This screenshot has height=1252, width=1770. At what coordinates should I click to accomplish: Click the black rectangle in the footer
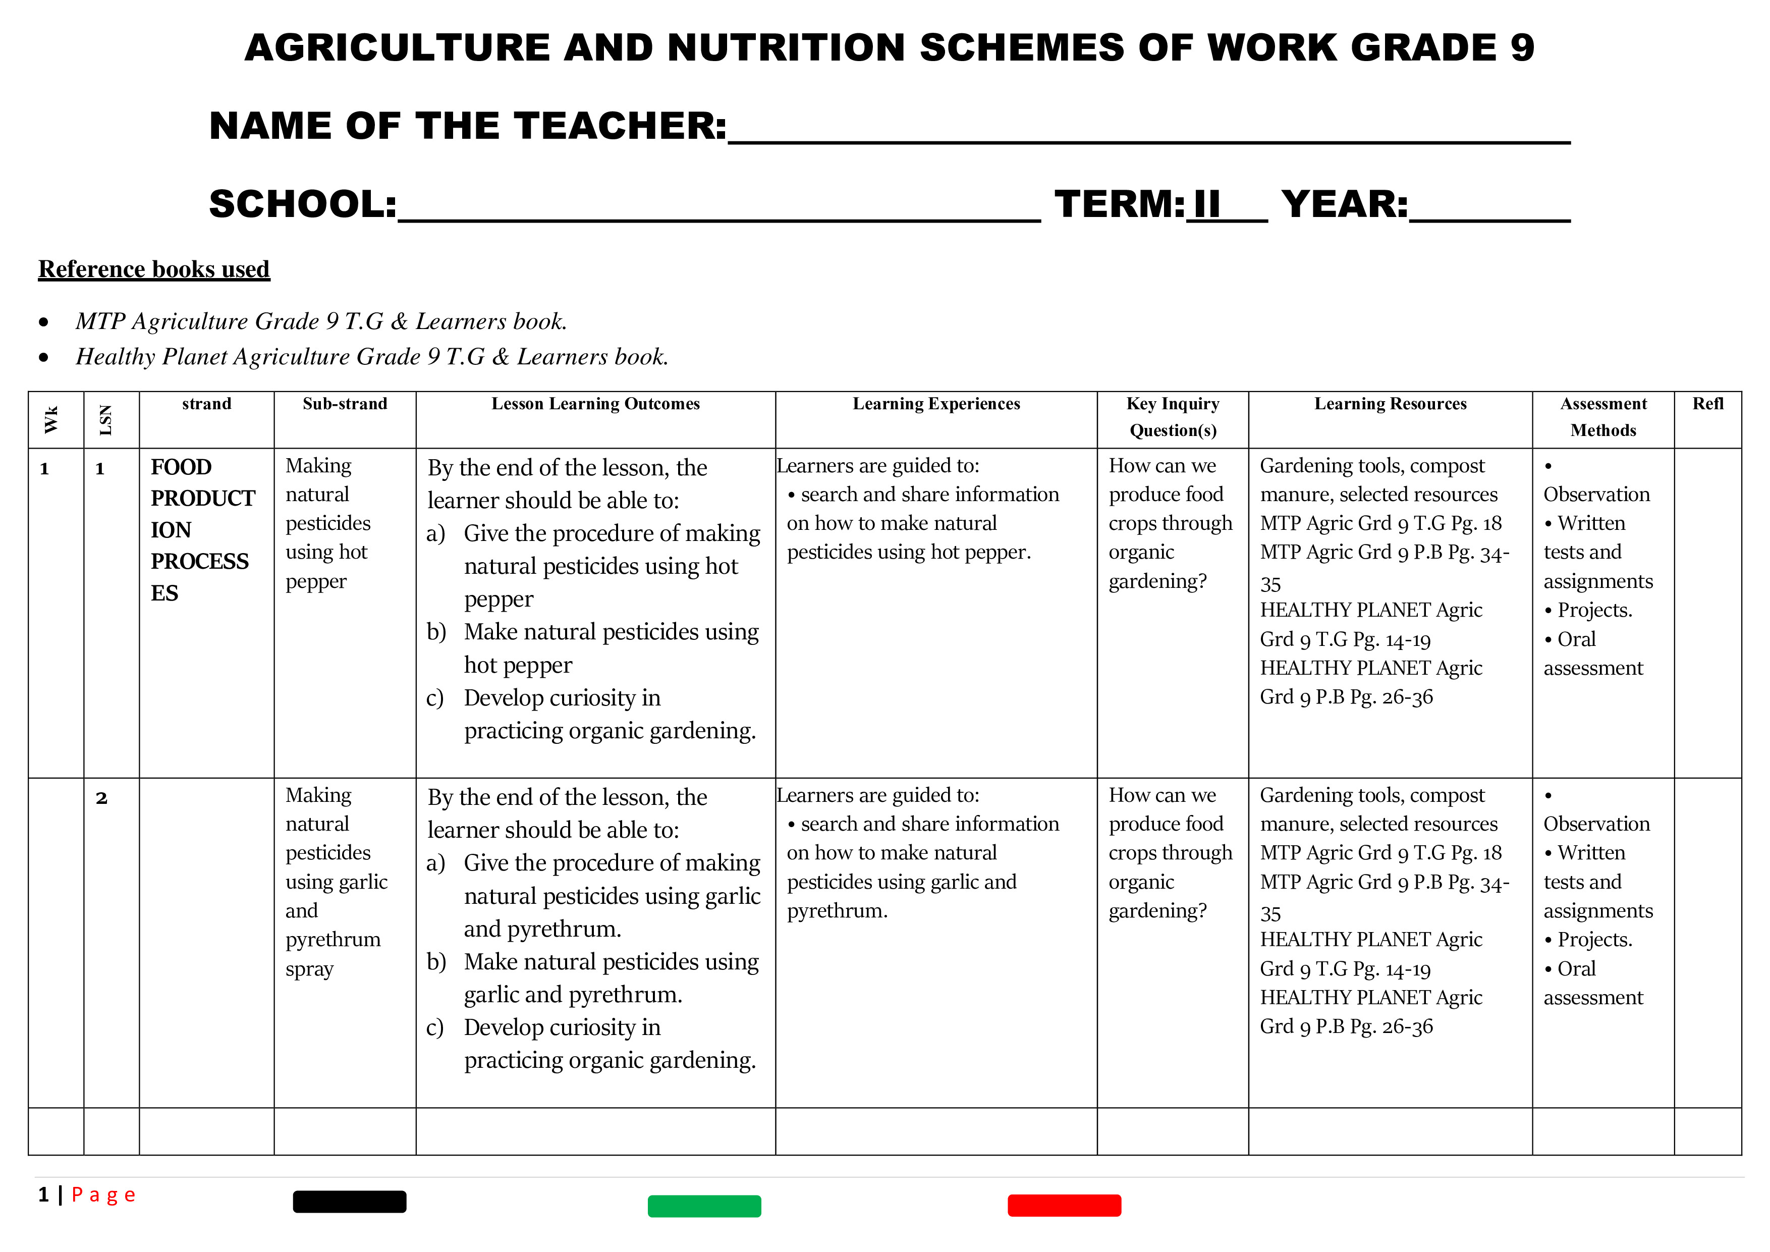pyautogui.click(x=349, y=1201)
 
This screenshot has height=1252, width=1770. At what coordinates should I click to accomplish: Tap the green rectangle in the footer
pyautogui.click(x=704, y=1206)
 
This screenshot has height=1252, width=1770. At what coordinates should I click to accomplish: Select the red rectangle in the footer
pyautogui.click(x=1064, y=1205)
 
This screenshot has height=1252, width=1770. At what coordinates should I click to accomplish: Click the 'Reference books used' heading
pyautogui.click(x=154, y=269)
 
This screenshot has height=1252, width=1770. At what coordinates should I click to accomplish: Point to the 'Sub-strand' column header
pyautogui.click(x=345, y=404)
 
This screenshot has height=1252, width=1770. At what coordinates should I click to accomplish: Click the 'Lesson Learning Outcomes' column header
pyautogui.click(x=595, y=404)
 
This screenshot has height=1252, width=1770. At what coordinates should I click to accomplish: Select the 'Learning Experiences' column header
pyautogui.click(x=936, y=404)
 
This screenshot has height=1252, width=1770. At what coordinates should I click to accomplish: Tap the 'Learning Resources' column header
pyautogui.click(x=1390, y=404)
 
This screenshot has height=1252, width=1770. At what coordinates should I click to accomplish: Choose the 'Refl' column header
pyautogui.click(x=1707, y=404)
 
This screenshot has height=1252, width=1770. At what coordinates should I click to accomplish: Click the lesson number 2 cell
pyautogui.click(x=102, y=798)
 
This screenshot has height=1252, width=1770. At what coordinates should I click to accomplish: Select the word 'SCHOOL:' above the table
pyautogui.click(x=303, y=204)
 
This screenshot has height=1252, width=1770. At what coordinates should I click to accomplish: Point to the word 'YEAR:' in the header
pyautogui.click(x=1345, y=204)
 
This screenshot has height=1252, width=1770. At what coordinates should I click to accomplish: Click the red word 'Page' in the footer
pyautogui.click(x=103, y=1195)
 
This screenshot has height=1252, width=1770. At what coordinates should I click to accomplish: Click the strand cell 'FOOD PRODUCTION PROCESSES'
pyautogui.click(x=202, y=530)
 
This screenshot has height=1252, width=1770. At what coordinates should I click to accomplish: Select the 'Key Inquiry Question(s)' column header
pyautogui.click(x=1173, y=417)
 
